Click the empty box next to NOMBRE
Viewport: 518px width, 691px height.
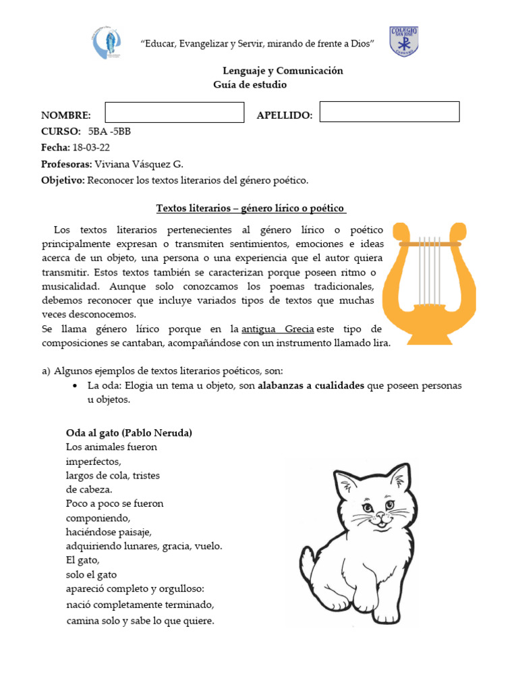(x=174, y=113)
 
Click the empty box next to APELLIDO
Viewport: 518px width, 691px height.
(x=389, y=112)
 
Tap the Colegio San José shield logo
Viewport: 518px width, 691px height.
(x=403, y=42)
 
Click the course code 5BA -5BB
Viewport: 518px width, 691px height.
(x=109, y=132)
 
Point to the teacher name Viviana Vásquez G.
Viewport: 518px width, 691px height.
(x=139, y=164)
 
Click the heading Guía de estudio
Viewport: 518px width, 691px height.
(x=250, y=85)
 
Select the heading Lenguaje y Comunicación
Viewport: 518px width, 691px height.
(x=283, y=71)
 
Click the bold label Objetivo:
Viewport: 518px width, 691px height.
(x=63, y=180)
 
